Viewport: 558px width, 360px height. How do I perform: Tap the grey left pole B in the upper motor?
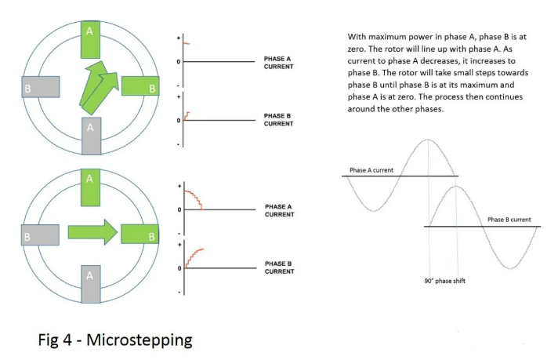pyautogui.click(x=41, y=87)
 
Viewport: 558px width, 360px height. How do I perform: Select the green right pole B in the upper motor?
pyautogui.click(x=141, y=87)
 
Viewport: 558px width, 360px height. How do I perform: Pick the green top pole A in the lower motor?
pyautogui.click(x=91, y=186)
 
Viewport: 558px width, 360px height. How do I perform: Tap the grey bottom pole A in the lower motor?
pyautogui.click(x=91, y=282)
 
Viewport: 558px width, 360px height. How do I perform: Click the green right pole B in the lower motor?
pyautogui.click(x=141, y=234)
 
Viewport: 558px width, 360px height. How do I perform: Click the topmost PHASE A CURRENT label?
pyautogui.click(x=278, y=63)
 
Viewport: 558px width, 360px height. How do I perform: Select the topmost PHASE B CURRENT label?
pyautogui.click(x=278, y=120)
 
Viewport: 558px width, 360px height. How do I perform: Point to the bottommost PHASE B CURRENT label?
pyautogui.click(x=278, y=267)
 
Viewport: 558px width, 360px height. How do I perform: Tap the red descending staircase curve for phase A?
pyautogui.click(x=194, y=198)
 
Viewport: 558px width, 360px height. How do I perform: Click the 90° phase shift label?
pyautogui.click(x=444, y=280)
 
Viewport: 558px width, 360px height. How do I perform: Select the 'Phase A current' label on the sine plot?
pyautogui.click(x=371, y=170)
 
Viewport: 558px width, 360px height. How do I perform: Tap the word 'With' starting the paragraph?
pyautogui.click(x=357, y=37)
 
